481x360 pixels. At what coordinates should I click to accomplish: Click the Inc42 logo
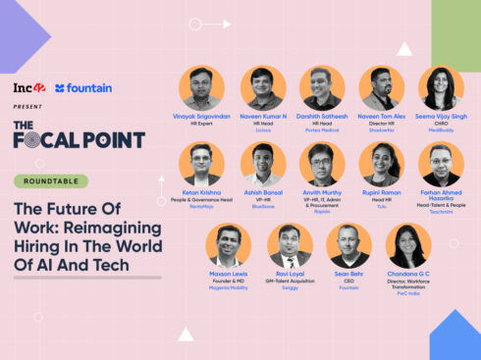[x=29, y=88]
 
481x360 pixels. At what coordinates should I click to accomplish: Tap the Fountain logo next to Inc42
[x=84, y=88]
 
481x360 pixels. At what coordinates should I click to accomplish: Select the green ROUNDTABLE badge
[x=51, y=181]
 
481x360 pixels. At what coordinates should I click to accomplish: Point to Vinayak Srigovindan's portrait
[x=202, y=88]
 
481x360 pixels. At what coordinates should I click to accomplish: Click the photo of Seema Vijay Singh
[x=441, y=88]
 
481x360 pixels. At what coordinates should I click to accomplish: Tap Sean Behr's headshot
[x=348, y=245]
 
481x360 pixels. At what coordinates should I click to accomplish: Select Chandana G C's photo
[x=408, y=245]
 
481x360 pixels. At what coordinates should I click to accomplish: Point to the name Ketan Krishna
[x=202, y=193]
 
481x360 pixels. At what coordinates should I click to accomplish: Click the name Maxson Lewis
[x=229, y=274]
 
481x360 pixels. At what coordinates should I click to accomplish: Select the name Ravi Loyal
[x=290, y=274]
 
